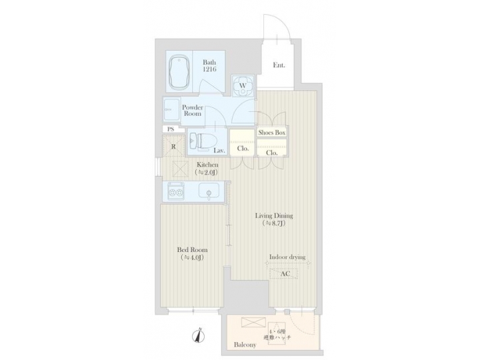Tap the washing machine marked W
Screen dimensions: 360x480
pos(243,86)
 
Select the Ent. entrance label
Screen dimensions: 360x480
pos(279,65)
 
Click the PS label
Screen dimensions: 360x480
pos(170,129)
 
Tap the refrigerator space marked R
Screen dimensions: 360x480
pos(173,147)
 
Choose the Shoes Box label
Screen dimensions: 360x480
pos(272,133)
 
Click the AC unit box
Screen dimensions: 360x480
pos(285,273)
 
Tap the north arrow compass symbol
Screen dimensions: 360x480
pos(198,337)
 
